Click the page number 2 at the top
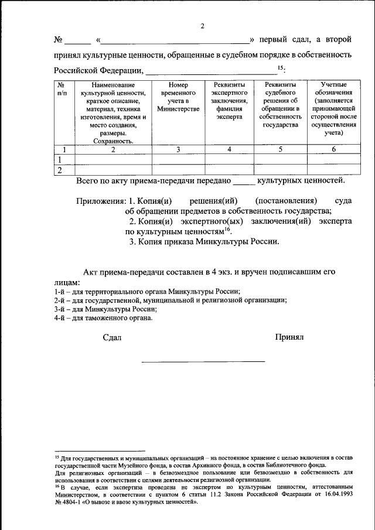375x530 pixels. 202,26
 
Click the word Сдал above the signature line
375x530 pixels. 112,337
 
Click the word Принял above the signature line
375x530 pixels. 289,337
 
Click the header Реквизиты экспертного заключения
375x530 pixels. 229,101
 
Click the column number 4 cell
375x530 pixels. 229,149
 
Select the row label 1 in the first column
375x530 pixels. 59,159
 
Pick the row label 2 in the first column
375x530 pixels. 59,170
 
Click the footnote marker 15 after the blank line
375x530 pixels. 280,69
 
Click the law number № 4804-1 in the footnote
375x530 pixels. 69,501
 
